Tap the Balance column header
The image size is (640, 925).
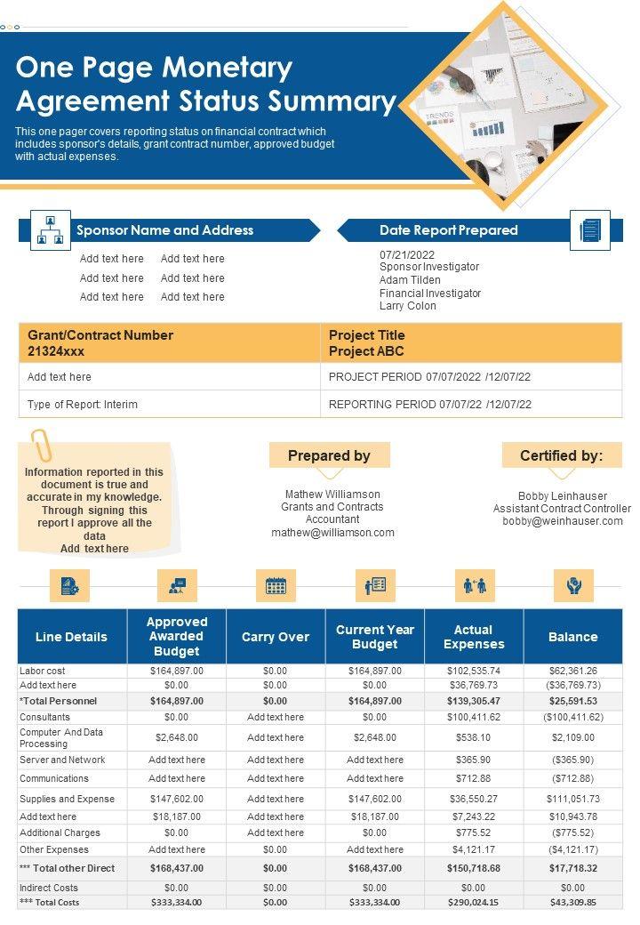[x=572, y=637]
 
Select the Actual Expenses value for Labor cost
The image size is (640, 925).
[x=474, y=671]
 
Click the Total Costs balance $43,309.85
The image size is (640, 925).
[x=572, y=902]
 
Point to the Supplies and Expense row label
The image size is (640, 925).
[x=67, y=799]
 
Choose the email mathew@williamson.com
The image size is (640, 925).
[x=332, y=533]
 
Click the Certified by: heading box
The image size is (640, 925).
[x=561, y=455]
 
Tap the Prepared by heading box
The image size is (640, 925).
[x=329, y=455]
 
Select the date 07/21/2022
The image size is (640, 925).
[x=407, y=254]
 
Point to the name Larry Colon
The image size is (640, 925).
[x=408, y=306]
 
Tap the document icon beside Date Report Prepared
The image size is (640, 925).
[x=589, y=229]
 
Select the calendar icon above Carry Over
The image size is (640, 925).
[x=276, y=585]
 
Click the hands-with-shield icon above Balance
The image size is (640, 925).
[x=573, y=585]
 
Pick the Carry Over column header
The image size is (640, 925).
[x=276, y=637]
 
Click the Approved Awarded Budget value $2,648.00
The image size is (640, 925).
[x=176, y=737]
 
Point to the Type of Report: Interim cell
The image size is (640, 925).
[x=83, y=404]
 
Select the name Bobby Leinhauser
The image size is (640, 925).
[x=562, y=496]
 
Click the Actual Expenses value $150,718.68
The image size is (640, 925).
[x=474, y=868]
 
